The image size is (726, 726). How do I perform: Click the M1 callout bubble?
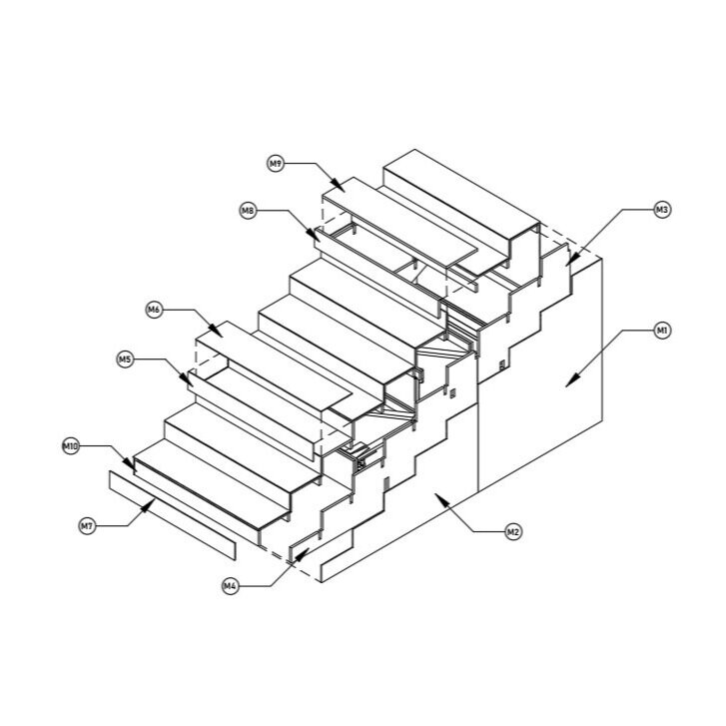(662, 331)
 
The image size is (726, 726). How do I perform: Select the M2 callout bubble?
(512, 531)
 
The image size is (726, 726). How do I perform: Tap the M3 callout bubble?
(662, 210)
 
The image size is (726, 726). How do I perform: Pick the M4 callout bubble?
(230, 586)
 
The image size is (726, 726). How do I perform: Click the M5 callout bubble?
(125, 360)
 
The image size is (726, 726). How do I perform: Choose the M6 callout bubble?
(154, 310)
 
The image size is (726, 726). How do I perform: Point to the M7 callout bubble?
(87, 526)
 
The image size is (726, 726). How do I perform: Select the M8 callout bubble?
(249, 211)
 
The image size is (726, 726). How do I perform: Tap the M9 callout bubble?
(276, 164)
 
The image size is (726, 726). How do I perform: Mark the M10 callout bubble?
(70, 446)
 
